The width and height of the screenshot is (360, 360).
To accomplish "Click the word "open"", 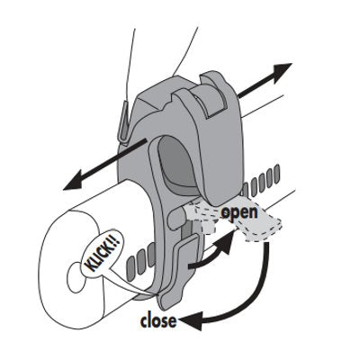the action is tap(239, 212).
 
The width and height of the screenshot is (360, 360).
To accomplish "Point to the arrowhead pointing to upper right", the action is tap(280, 72).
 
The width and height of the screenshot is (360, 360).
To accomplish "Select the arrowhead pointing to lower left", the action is tap(74, 180).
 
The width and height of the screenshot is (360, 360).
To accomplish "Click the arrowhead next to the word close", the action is tap(190, 320).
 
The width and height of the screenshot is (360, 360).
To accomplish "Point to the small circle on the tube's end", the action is tap(76, 276).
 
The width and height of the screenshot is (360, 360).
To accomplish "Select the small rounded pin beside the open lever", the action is tap(175, 219).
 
